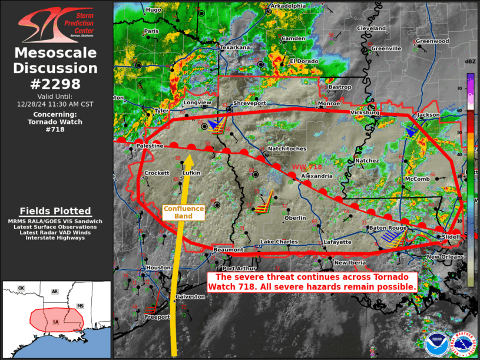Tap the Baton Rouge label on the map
(388, 228)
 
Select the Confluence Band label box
(183, 212)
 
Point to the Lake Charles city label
(280, 242)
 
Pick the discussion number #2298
(56, 84)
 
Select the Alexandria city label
(313, 176)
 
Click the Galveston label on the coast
(190, 296)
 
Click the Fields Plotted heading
(55, 211)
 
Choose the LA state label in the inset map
(55, 321)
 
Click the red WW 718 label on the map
(307, 167)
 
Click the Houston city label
(158, 268)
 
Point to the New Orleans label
(445, 257)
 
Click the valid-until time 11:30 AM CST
(56, 103)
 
